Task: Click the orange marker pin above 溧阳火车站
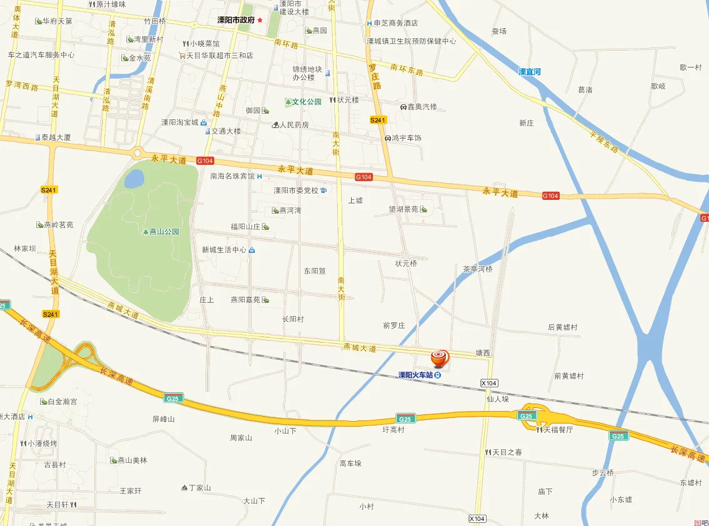pos(440,358)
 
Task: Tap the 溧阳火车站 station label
pos(416,375)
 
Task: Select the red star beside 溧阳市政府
pos(260,20)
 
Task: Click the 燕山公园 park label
pos(164,232)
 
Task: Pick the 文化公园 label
pos(307,101)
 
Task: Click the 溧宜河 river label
pos(529,72)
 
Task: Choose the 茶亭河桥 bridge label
pos(478,269)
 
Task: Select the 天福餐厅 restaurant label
pos(558,430)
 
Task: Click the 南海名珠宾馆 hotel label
pos(233,176)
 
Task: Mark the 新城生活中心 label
pos(224,250)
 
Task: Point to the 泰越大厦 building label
pos(56,137)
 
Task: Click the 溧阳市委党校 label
pos(296,191)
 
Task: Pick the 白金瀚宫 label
pos(62,402)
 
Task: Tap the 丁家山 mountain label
pos(200,488)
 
